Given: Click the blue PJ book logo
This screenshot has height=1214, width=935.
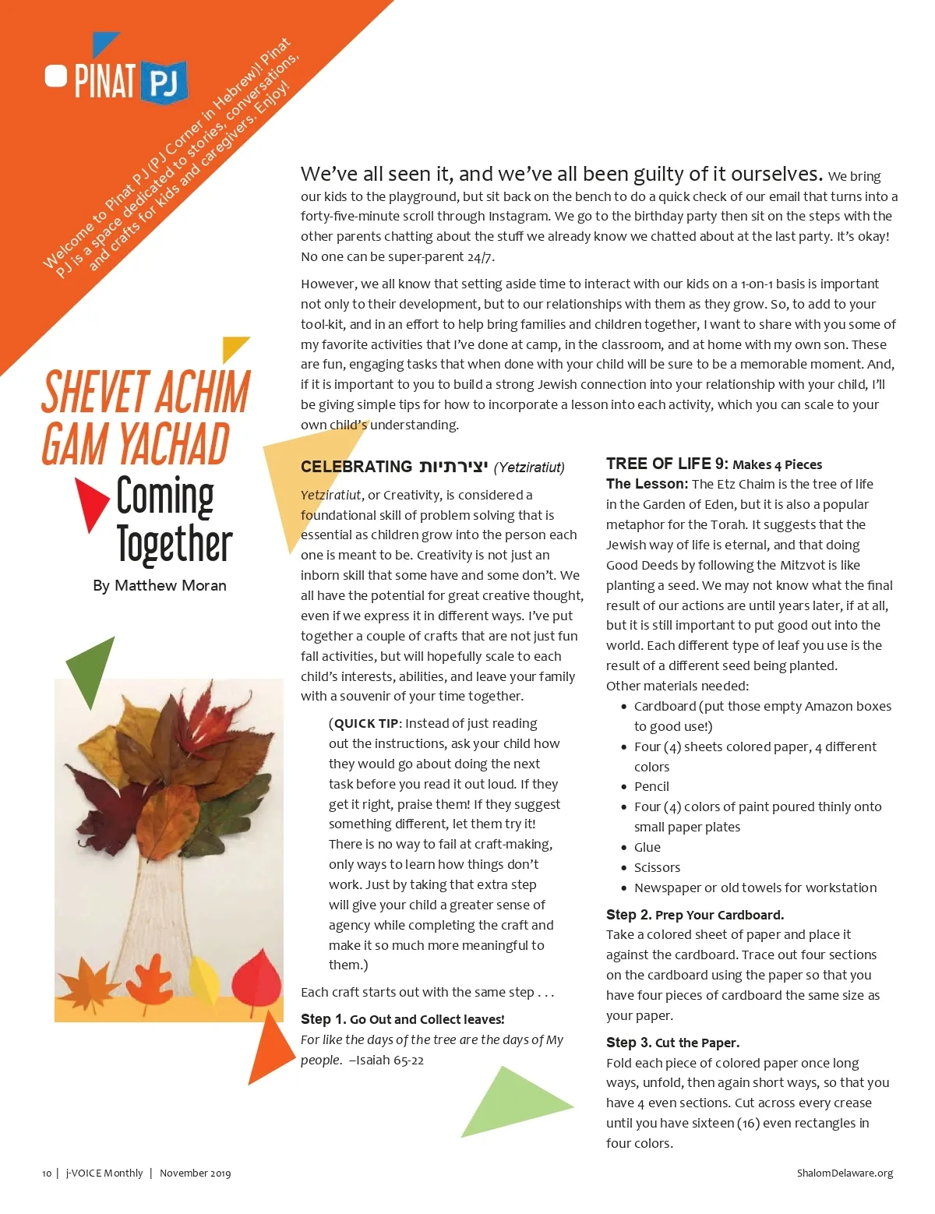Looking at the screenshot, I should coord(164,82).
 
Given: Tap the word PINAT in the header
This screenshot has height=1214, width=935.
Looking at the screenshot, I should coord(104,81).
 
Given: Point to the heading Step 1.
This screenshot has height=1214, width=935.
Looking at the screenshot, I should coord(402,1019).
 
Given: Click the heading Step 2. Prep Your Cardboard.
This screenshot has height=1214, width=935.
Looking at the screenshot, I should coord(695,915).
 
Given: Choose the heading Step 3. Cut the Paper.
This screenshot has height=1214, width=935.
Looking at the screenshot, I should coord(672,1043).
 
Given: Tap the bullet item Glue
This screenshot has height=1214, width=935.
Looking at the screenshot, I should coord(647,847).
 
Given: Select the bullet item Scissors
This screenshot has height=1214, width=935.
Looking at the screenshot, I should coord(657,867).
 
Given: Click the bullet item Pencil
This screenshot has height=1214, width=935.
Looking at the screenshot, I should coord(651,786).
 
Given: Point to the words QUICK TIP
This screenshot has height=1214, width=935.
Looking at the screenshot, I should coord(366,724).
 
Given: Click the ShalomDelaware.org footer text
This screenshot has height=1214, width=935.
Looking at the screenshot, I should coord(845,1173).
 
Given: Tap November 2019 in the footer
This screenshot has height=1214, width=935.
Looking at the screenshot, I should coord(195,1173).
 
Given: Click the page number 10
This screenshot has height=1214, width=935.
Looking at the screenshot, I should coord(47,1173).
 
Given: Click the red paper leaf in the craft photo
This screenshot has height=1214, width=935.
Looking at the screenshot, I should coord(256,978).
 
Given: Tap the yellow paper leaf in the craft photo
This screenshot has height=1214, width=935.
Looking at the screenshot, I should coord(204,980).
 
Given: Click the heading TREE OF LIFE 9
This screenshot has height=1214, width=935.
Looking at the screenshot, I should coord(667,464).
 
